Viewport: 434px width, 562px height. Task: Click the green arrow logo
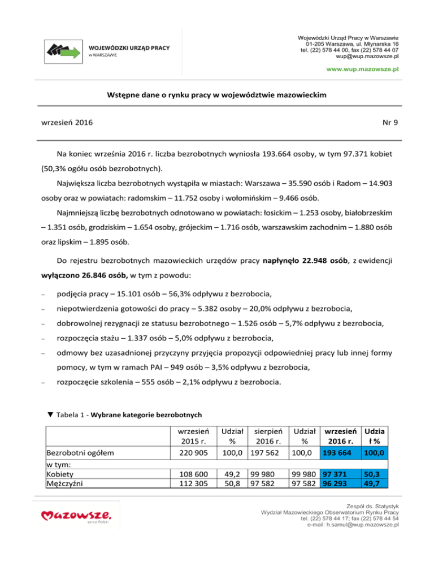(63, 50)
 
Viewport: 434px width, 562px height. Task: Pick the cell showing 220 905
(194, 453)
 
